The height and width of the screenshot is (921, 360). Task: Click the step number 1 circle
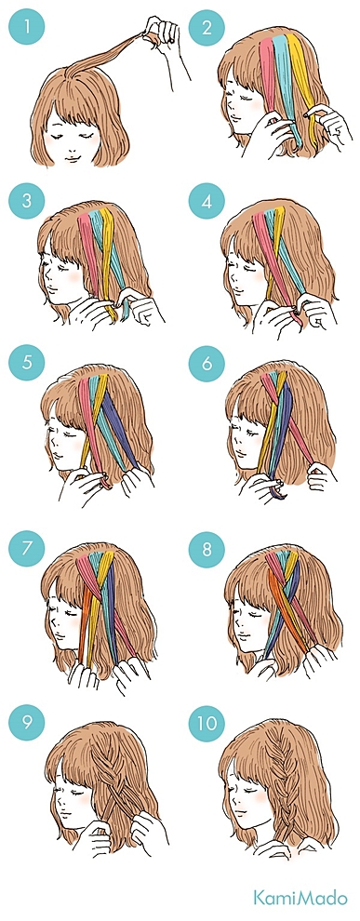point(26,27)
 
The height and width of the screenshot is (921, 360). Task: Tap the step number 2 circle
point(207,27)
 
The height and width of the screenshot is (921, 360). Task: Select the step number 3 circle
point(26,201)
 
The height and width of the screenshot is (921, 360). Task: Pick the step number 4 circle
point(207,201)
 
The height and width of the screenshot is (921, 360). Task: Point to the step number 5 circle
point(26,363)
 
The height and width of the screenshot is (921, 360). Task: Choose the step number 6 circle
point(207,363)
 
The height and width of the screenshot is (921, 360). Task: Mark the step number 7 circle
point(26,550)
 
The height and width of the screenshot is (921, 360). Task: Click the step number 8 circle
point(207,550)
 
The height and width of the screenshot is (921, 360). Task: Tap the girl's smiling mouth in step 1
point(70,158)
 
